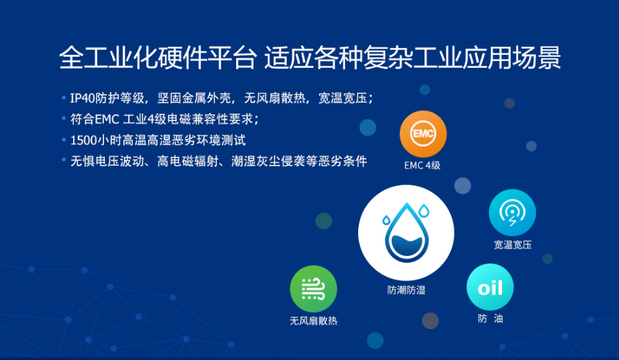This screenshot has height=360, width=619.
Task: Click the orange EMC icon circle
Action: [422, 134]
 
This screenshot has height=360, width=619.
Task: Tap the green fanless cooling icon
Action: [314, 289]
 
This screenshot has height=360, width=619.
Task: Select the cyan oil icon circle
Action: [490, 287]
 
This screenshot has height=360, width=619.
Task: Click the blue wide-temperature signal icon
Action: [512, 213]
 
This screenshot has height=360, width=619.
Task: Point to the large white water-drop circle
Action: [406, 233]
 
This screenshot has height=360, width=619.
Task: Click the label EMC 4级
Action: [422, 166]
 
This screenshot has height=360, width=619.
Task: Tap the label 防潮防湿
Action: [406, 290]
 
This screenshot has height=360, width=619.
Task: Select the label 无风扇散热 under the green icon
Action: [314, 320]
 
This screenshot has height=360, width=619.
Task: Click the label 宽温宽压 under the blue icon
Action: [512, 245]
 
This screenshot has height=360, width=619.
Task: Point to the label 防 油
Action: [490, 318]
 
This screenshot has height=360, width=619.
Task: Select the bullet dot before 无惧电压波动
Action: [64, 159]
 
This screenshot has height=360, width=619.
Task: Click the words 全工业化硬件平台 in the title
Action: [157, 58]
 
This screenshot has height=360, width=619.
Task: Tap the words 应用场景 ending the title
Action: [511, 58]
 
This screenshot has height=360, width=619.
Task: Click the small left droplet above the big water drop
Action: [386, 220]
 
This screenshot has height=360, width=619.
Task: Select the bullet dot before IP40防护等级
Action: [64, 97]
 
